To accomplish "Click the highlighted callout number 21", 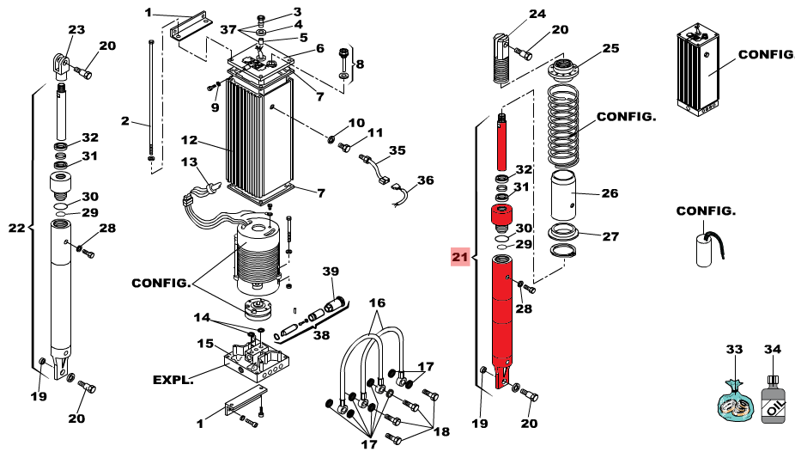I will point(459,256).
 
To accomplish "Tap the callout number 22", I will point(17,228).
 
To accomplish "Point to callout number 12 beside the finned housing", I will point(189,139).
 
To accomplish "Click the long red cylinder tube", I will point(507,318).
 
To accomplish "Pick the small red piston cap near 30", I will point(499,215).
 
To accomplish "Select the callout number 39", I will point(331,272).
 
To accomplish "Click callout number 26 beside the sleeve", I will point(609,193).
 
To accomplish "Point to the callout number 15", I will point(204,344).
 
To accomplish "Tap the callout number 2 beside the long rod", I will point(124,121).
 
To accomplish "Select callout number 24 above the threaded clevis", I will point(537,14).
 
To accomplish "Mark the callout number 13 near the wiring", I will point(189,162).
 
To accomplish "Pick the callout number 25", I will point(610,49).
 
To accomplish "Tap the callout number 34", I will point(772,350).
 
